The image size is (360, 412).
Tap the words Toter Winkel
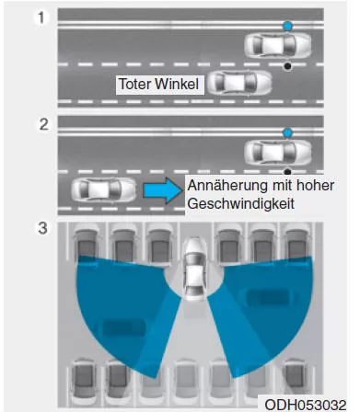click(159, 84)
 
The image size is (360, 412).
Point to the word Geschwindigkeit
click(240, 203)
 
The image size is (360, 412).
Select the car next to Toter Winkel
click(237, 84)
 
